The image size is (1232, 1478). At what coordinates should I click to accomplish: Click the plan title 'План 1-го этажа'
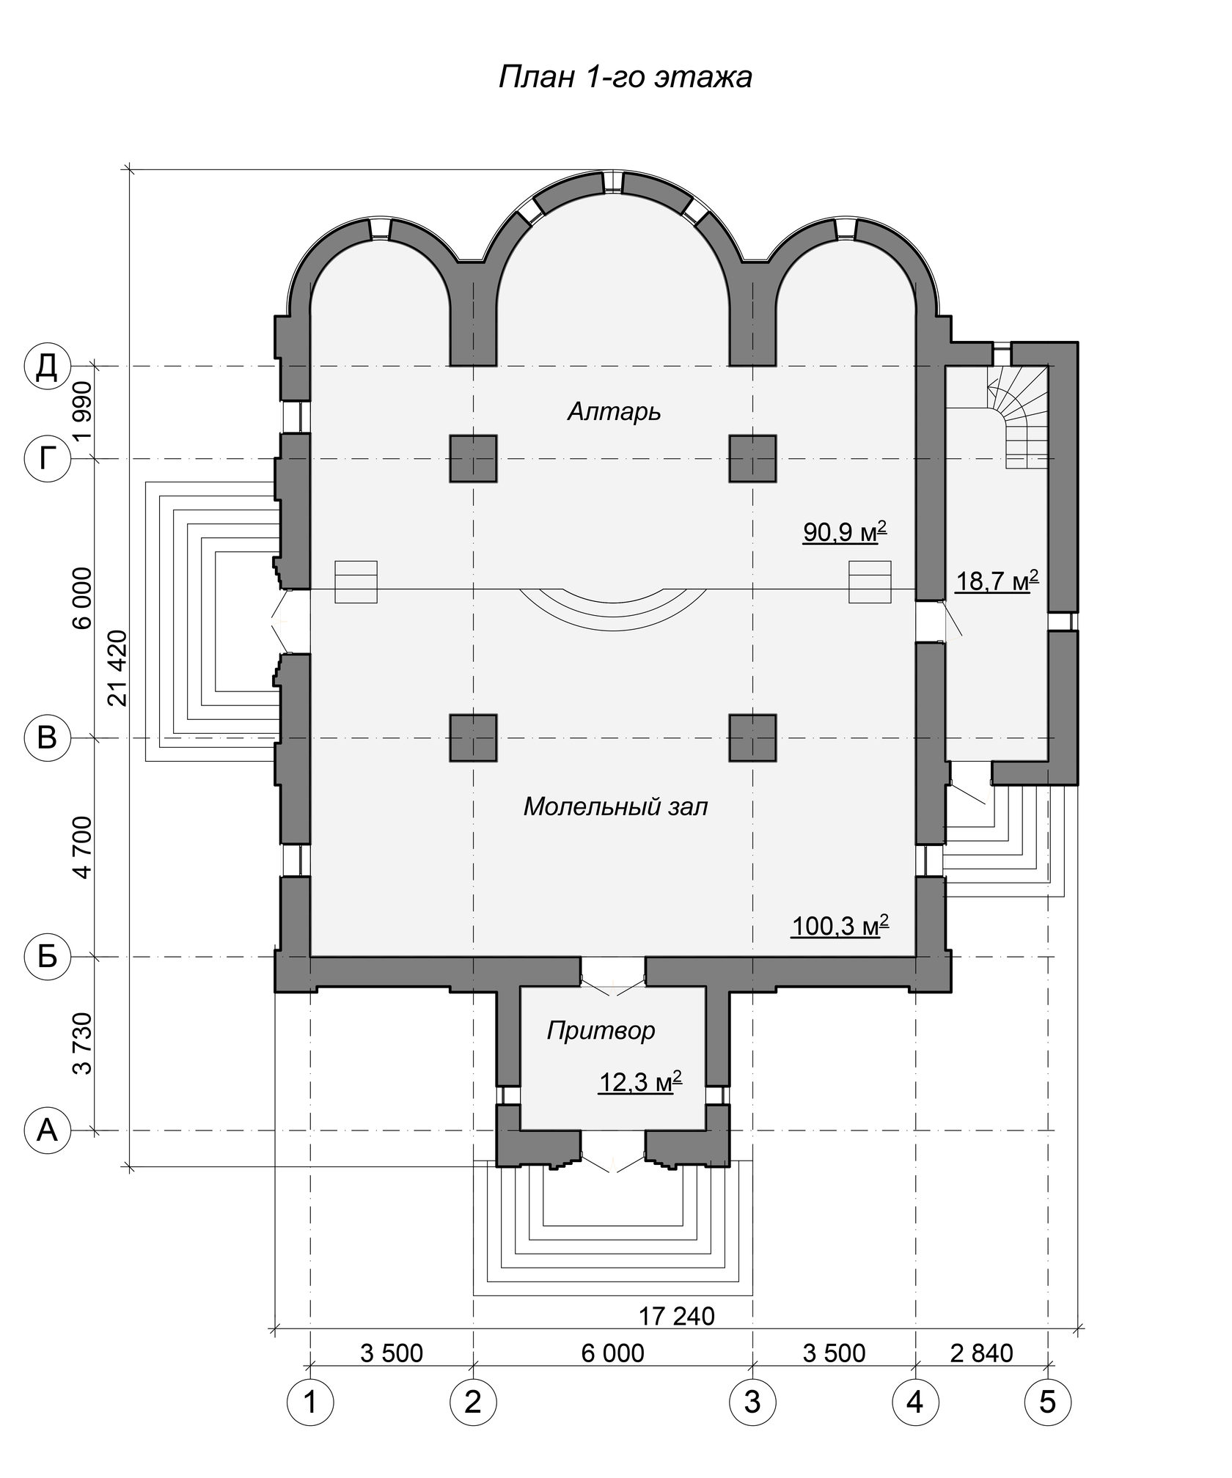625,77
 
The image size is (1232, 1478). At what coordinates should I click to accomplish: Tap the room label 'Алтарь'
614,413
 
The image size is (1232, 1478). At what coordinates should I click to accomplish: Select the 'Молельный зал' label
615,807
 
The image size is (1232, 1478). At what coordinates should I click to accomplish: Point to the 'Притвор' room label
601,1032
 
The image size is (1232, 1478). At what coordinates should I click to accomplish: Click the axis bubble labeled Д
47,366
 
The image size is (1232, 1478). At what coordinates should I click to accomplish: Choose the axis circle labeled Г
47,460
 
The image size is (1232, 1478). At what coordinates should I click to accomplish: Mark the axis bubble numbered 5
1048,1402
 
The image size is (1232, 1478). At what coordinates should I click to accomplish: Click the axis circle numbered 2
473,1402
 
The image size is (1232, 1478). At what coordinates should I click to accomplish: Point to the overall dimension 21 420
118,668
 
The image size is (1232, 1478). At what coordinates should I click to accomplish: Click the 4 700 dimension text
83,847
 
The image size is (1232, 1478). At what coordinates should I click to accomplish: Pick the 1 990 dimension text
83,412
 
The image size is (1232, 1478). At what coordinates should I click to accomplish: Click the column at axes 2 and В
473,738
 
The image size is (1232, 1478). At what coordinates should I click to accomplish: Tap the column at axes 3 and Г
752,459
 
